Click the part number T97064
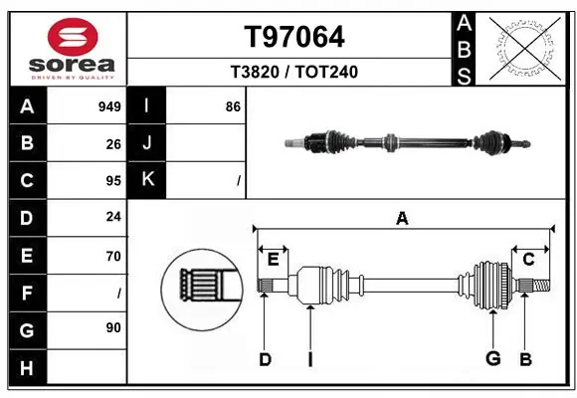click(x=294, y=37)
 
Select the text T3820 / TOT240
click(x=294, y=73)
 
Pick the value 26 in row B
click(x=113, y=144)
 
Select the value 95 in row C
click(x=113, y=181)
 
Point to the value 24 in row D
click(x=113, y=218)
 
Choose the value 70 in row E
click(x=113, y=256)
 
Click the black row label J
click(x=147, y=144)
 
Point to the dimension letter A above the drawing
click(x=402, y=219)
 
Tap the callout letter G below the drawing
click(x=491, y=359)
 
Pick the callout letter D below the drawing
click(x=265, y=359)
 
